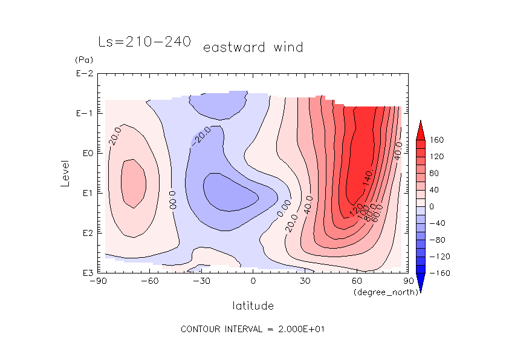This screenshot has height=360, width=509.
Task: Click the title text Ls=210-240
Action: [x=144, y=42]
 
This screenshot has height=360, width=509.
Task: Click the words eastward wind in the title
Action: [x=253, y=47]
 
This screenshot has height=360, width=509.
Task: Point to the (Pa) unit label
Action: [x=83, y=61]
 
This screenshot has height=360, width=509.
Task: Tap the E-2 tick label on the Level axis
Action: [x=83, y=74]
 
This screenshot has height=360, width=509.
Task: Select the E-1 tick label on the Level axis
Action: [x=83, y=114]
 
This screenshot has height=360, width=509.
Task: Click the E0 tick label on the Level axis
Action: [x=85, y=153]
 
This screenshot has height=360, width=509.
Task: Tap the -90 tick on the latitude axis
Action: [x=98, y=281]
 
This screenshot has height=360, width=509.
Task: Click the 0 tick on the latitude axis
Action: [x=253, y=281]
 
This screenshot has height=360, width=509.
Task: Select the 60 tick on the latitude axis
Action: [x=357, y=281]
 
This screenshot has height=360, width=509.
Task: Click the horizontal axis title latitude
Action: [x=253, y=306]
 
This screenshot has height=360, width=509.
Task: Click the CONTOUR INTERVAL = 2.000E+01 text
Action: [x=253, y=329]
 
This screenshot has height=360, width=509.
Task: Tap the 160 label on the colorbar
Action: [x=437, y=140]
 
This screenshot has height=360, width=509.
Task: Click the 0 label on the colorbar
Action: [x=432, y=207]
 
